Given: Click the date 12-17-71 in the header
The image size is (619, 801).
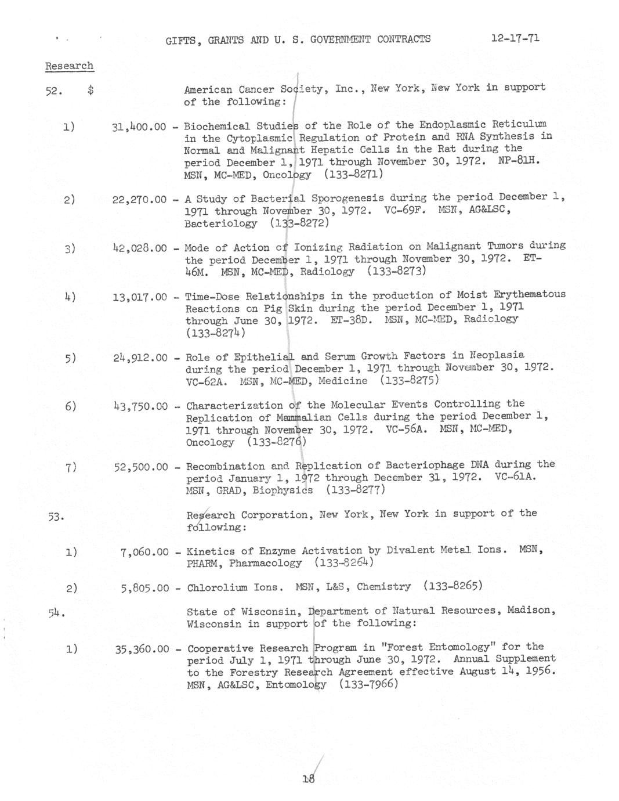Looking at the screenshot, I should (515, 38).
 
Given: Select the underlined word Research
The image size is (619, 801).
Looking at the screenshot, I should (69, 66).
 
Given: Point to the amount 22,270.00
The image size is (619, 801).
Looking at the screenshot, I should (139, 199).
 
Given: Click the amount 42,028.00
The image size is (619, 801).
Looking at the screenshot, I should (140, 248).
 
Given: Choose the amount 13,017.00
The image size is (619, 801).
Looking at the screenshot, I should (140, 297).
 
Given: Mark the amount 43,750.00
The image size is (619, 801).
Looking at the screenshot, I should (140, 406).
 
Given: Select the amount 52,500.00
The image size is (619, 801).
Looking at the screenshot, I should (141, 467).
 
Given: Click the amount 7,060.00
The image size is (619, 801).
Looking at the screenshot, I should (144, 552).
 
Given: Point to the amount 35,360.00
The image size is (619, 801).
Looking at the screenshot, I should (142, 649).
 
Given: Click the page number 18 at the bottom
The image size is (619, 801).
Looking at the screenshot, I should (308, 780).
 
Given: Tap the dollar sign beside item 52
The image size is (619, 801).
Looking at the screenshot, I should (91, 90).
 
